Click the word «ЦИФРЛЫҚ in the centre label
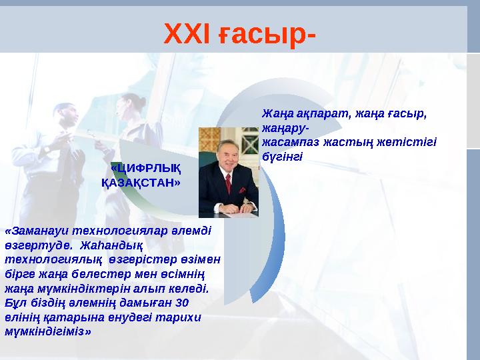(144, 167)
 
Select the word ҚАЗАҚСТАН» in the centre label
(141, 181)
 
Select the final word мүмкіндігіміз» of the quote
(48, 331)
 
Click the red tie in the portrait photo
(228, 183)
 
